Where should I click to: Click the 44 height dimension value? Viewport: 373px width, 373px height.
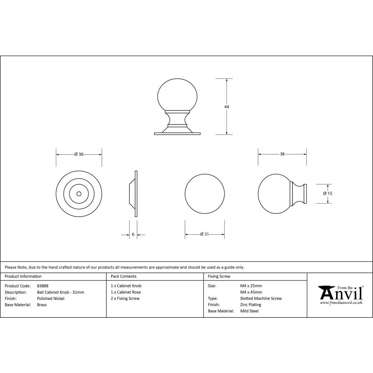(226, 107)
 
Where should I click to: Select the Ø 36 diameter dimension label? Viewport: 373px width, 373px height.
(79, 154)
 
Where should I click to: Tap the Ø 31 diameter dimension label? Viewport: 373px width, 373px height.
(204, 234)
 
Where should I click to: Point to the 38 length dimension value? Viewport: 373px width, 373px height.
(282, 154)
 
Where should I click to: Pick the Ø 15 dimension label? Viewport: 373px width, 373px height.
(327, 194)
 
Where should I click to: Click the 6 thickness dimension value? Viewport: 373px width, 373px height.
(133, 235)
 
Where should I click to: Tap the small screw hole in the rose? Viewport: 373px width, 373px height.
(79, 194)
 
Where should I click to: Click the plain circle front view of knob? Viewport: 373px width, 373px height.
(205, 194)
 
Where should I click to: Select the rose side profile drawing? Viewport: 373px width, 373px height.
(134, 194)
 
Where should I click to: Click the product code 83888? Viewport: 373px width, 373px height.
(43, 286)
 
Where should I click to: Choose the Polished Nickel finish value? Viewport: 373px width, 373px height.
(51, 298)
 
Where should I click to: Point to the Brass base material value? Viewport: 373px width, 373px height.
(42, 305)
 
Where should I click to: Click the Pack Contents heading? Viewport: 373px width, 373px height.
(123, 276)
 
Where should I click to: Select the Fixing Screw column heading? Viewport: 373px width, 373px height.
(219, 276)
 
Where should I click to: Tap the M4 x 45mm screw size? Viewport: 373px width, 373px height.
(251, 292)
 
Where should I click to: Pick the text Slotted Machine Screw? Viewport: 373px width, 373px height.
(261, 298)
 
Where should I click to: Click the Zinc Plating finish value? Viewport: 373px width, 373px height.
(251, 305)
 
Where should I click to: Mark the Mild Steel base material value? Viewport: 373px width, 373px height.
(249, 311)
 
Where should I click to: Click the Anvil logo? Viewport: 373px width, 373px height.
(340, 295)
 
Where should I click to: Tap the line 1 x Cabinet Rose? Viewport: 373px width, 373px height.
(126, 292)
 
